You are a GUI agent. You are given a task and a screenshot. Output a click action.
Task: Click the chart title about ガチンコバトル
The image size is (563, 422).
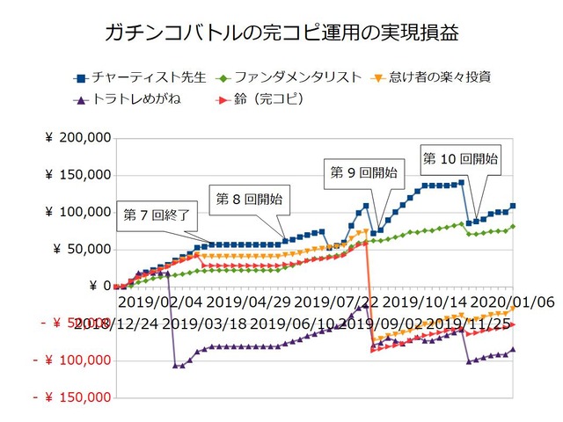[x=281, y=34]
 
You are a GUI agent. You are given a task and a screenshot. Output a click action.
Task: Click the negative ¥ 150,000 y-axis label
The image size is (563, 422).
[x=72, y=397]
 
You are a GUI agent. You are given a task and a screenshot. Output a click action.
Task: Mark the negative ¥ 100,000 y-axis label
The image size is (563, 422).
[x=72, y=360]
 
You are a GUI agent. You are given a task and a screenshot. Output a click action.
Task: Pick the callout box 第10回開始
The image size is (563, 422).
[x=461, y=158]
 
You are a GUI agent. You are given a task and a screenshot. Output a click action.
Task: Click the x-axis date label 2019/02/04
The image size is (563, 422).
[x=158, y=302]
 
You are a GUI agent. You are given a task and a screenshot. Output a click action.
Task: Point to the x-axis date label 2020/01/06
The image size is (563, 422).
[x=513, y=302]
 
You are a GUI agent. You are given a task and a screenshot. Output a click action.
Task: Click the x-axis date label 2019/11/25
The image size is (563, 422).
[x=470, y=324]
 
